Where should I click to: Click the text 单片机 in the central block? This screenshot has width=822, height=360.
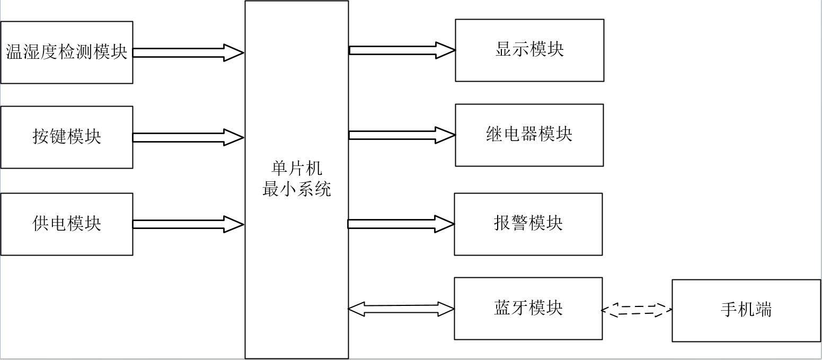click(x=296, y=169)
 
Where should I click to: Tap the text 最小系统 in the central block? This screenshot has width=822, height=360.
click(x=296, y=189)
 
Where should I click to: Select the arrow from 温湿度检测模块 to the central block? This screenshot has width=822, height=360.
click(x=188, y=52)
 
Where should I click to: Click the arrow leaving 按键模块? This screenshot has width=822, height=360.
click(x=188, y=137)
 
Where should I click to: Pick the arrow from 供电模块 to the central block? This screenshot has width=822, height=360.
click(x=188, y=224)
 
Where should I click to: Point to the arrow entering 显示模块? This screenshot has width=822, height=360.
click(x=402, y=50)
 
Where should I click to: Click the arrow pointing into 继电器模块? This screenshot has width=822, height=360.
click(x=402, y=135)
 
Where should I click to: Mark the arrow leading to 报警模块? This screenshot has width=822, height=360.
click(x=401, y=224)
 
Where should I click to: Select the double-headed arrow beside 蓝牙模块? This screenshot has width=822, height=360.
click(x=401, y=309)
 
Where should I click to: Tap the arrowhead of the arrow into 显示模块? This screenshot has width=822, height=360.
click(x=446, y=50)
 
